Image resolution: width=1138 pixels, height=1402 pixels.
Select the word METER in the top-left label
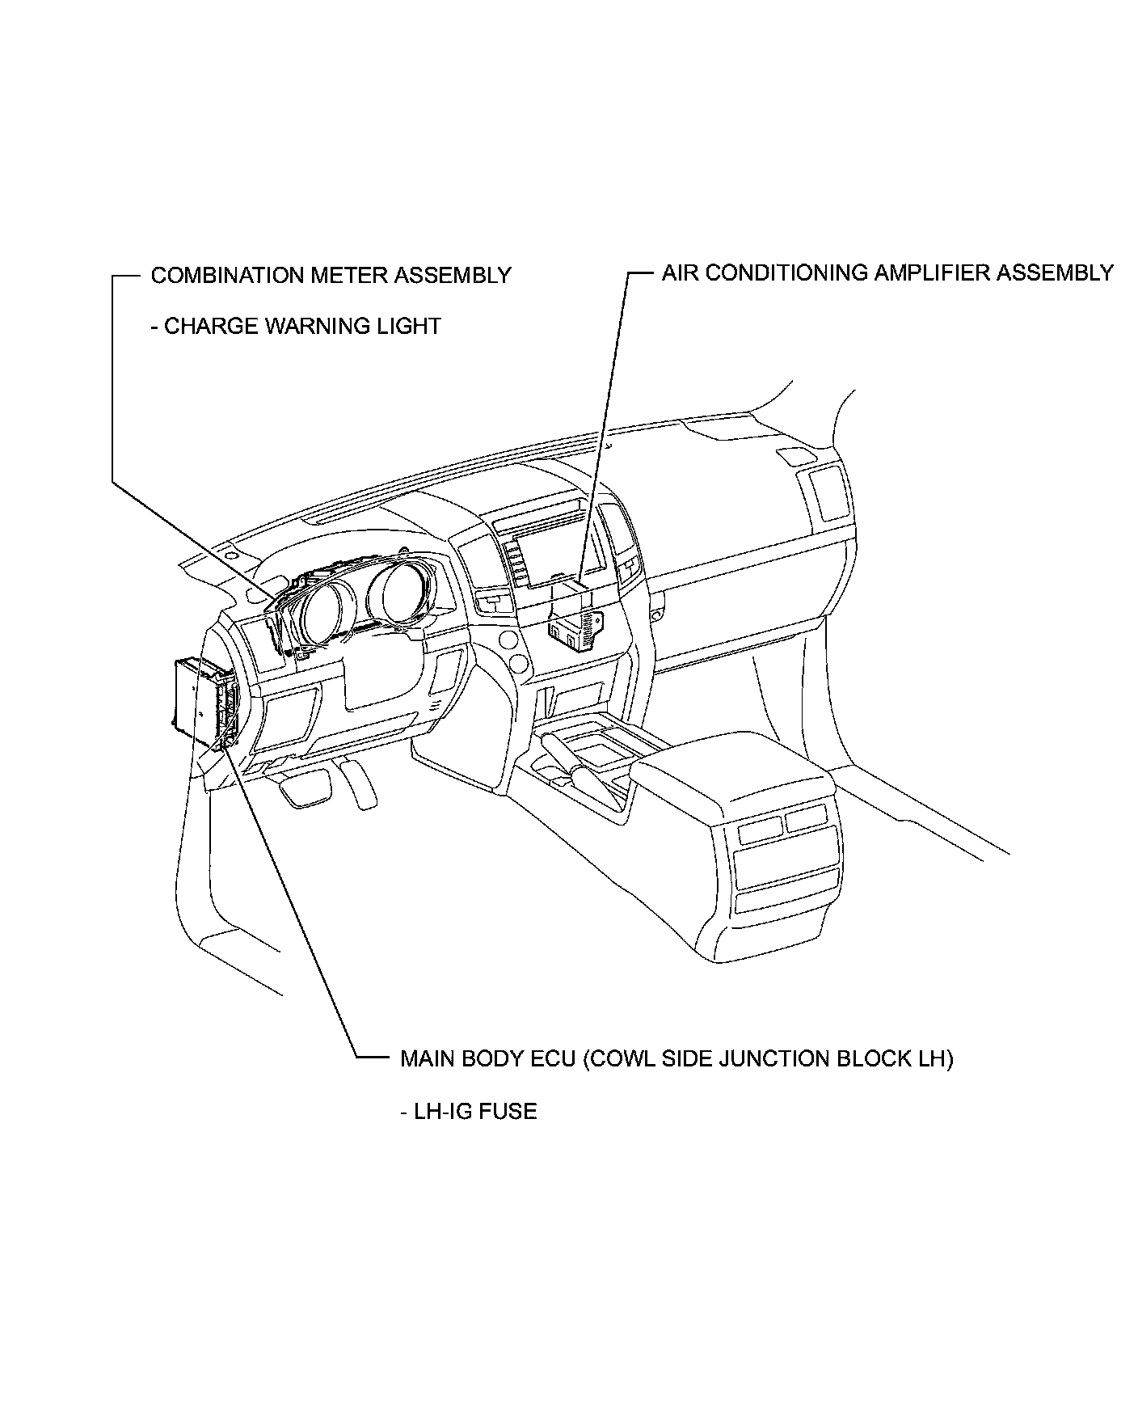click(x=339, y=276)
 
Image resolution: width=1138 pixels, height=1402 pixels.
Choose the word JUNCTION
click(x=770, y=1058)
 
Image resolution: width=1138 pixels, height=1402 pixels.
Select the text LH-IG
click(x=442, y=1111)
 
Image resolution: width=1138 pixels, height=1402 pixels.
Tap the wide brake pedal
click(x=306, y=788)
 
